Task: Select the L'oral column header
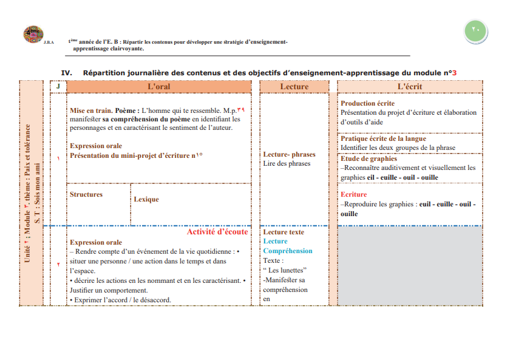[159, 87]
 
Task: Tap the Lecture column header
[294, 87]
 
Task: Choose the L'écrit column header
[410, 87]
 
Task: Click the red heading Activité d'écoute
[217, 232]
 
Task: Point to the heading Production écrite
[367, 104]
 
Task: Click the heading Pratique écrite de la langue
[383, 139]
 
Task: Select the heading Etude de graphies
[369, 159]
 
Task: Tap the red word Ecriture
[353, 195]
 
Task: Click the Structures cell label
[86, 195]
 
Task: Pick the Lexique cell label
[146, 199]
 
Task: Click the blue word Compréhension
[288, 251]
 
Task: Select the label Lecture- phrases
[289, 155]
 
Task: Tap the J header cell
[58, 87]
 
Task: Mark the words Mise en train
[90, 111]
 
